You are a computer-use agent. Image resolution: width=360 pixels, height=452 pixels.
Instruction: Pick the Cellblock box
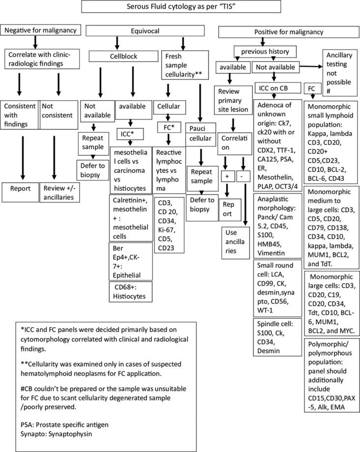point(122,56)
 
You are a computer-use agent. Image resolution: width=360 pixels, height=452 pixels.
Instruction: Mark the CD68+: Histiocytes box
point(131,291)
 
